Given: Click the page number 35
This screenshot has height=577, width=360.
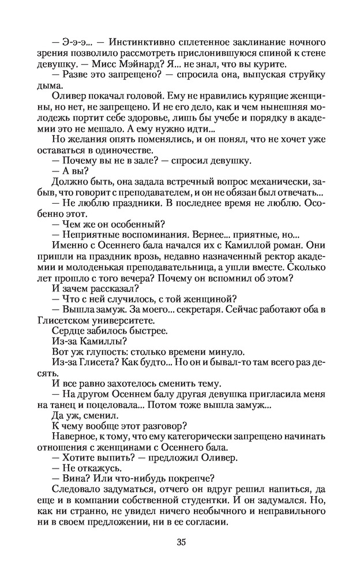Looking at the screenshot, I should tap(181, 542).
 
